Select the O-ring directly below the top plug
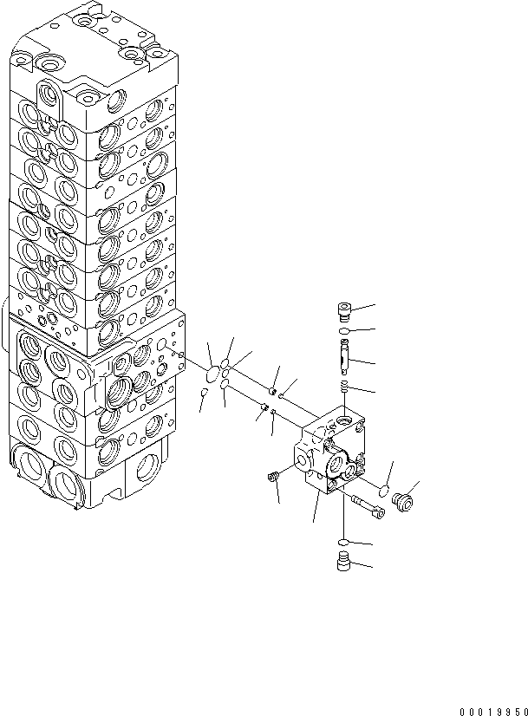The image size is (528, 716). (x=344, y=332)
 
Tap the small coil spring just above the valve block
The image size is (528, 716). (x=345, y=387)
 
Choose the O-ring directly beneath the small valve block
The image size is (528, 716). (x=344, y=544)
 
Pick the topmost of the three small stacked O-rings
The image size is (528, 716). (x=226, y=364)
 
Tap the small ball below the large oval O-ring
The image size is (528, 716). (x=203, y=394)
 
